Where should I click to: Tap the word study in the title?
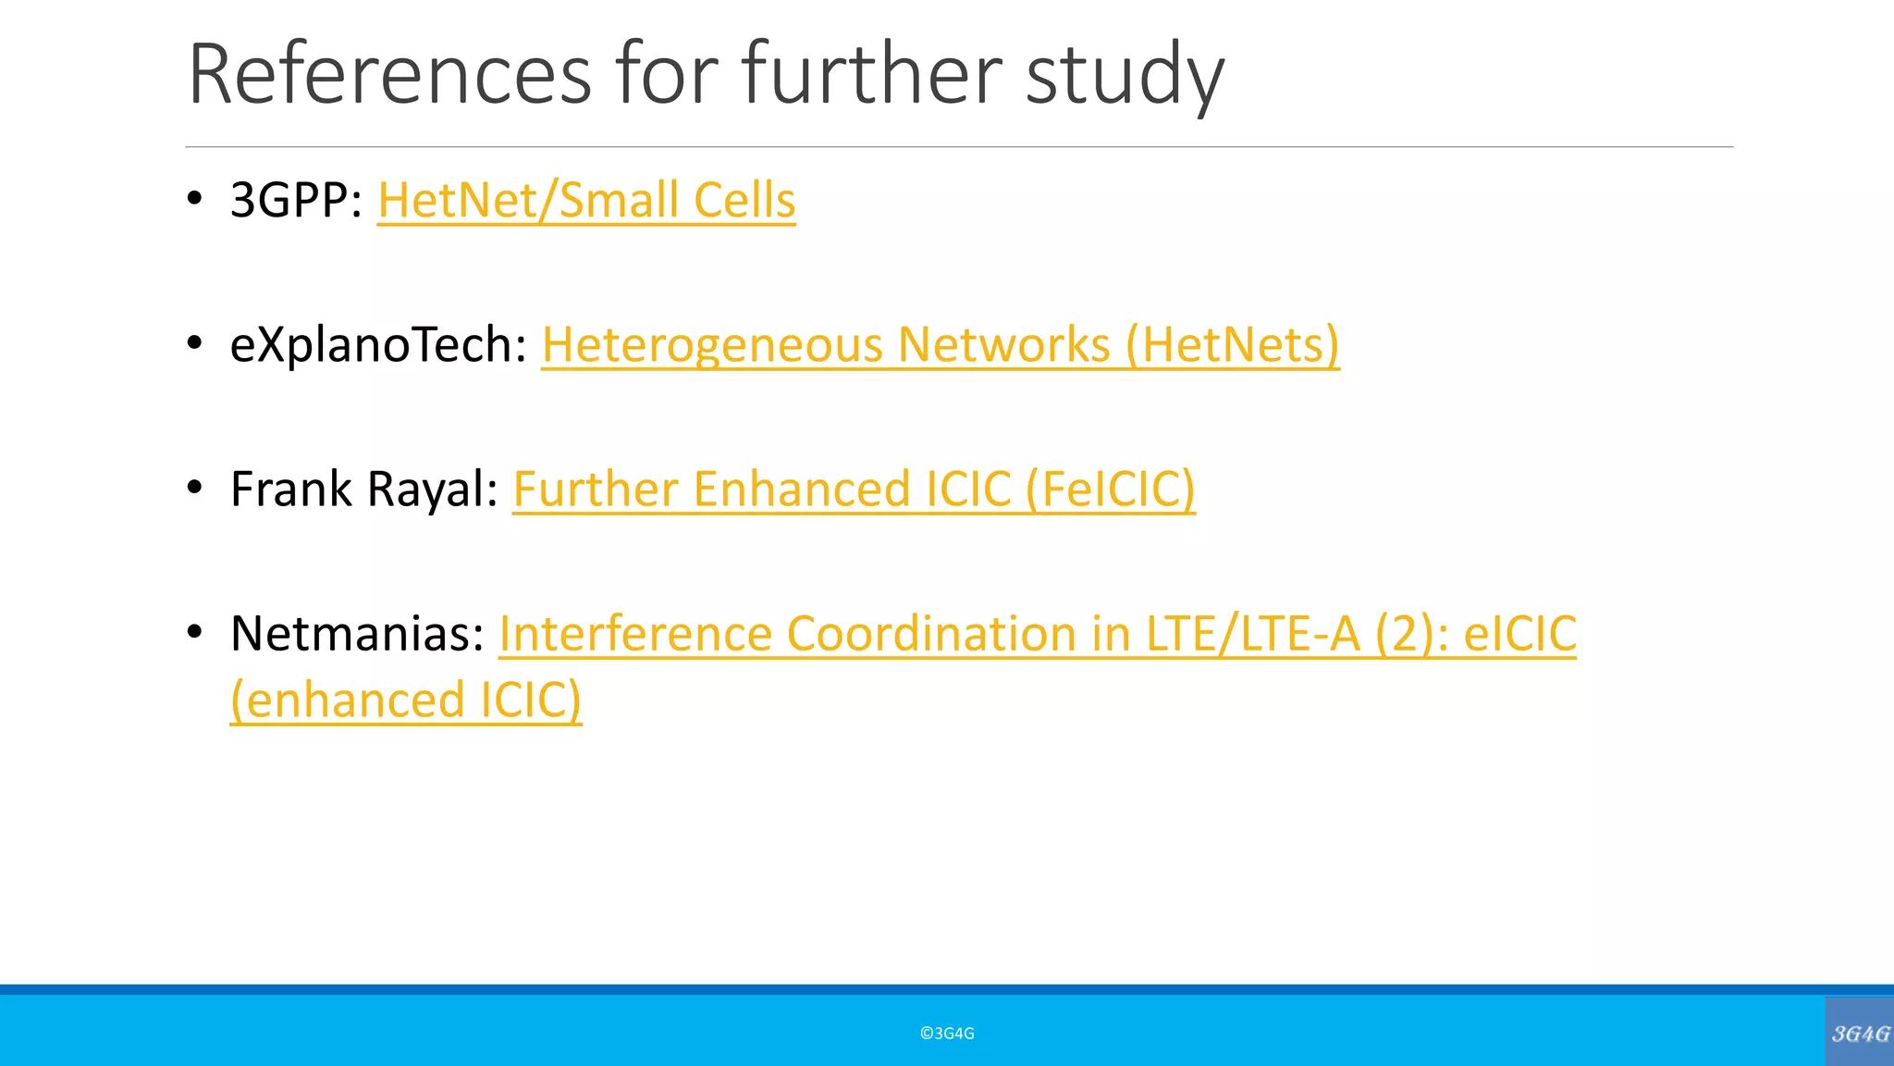tap(1125, 76)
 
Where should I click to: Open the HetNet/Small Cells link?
tap(586, 200)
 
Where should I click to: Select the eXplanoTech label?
tap(378, 344)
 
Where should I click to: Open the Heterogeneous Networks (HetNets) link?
tap(940, 344)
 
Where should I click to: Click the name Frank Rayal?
tap(364, 489)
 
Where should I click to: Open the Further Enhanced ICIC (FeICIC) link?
tap(853, 489)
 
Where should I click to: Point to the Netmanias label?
tap(357, 634)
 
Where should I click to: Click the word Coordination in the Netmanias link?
tap(929, 634)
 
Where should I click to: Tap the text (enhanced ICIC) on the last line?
tap(406, 700)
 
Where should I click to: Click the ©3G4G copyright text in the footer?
tap(947, 1034)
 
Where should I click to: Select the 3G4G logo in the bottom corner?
tap(1860, 1034)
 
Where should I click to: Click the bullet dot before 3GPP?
tap(194, 198)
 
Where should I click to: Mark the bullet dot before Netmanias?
tap(194, 632)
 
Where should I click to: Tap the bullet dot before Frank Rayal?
tap(194, 488)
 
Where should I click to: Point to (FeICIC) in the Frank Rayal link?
tap(1110, 489)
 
